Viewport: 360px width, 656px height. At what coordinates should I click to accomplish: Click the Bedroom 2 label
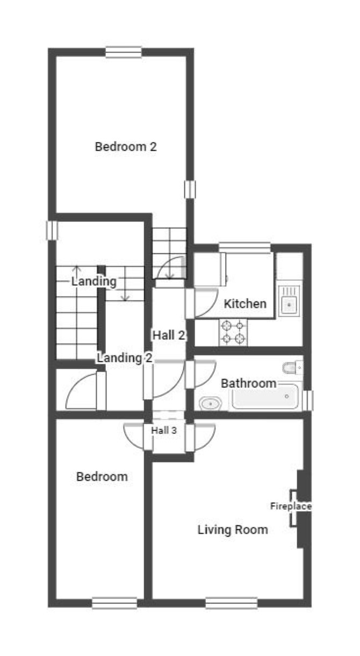click(x=126, y=146)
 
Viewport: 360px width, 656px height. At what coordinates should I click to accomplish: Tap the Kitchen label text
click(x=245, y=304)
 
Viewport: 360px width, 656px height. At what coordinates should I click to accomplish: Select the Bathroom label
click(x=248, y=383)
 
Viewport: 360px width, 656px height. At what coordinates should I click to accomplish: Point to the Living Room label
click(x=233, y=530)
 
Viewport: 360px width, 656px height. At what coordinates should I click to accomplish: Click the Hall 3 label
click(x=164, y=430)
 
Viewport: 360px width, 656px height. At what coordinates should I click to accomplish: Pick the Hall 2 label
click(x=169, y=335)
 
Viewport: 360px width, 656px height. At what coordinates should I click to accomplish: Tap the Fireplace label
click(x=291, y=506)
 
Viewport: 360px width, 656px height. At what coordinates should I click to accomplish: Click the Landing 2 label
click(x=125, y=358)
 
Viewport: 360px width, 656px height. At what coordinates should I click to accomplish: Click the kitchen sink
click(x=289, y=301)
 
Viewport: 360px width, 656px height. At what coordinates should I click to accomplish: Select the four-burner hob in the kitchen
click(x=233, y=332)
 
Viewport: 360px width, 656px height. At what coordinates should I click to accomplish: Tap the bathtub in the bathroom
click(x=265, y=396)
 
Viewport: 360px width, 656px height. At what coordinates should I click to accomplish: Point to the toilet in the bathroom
click(x=293, y=368)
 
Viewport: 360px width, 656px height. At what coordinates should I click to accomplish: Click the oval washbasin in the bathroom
click(x=211, y=404)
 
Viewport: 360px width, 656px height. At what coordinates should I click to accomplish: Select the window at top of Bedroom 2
click(x=124, y=52)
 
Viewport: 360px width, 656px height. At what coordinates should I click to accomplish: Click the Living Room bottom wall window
click(x=232, y=603)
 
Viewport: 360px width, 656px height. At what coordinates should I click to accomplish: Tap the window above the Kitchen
click(x=244, y=247)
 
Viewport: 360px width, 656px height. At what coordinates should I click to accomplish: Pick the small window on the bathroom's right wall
click(x=308, y=401)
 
